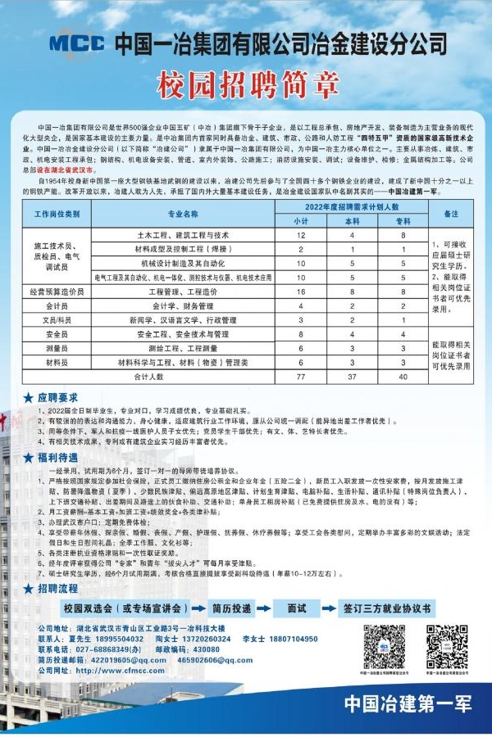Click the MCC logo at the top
(77, 42)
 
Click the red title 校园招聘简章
(245, 84)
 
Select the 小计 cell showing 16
(302, 291)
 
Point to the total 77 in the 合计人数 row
(302, 376)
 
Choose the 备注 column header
(451, 213)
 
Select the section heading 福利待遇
(58, 459)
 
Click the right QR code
(446, 646)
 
